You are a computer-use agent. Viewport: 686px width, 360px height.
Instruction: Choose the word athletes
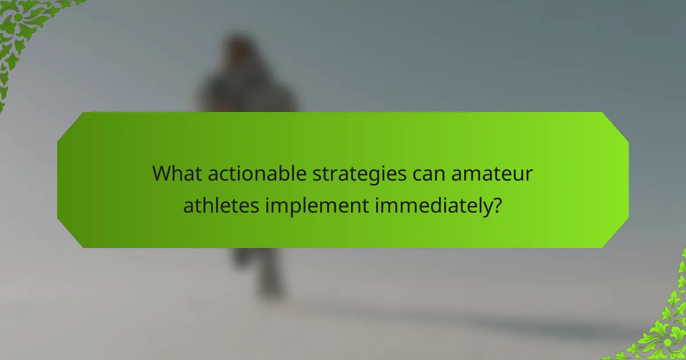[x=221, y=205]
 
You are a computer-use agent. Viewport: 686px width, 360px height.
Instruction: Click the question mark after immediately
[x=498, y=205]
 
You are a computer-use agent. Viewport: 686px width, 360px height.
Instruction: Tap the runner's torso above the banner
[x=246, y=94]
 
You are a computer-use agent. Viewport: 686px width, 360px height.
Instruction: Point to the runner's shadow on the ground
[x=457, y=320]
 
